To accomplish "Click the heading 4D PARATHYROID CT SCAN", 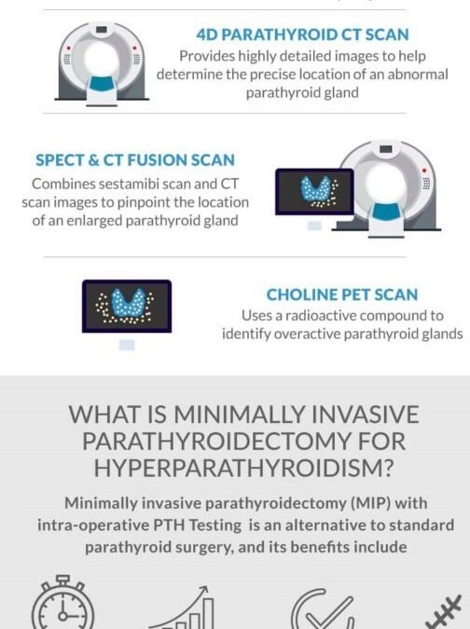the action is tap(302, 34).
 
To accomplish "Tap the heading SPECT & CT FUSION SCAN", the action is tap(135, 160).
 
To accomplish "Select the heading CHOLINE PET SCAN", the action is tap(342, 294).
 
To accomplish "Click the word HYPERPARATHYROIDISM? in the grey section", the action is tap(243, 468).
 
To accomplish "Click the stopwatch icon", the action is tap(63, 603).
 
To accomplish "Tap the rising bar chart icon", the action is tap(182, 608).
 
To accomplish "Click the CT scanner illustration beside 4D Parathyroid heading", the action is tap(102, 64).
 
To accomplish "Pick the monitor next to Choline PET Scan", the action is tap(127, 314).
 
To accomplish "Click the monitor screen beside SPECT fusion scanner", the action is tap(314, 192).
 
